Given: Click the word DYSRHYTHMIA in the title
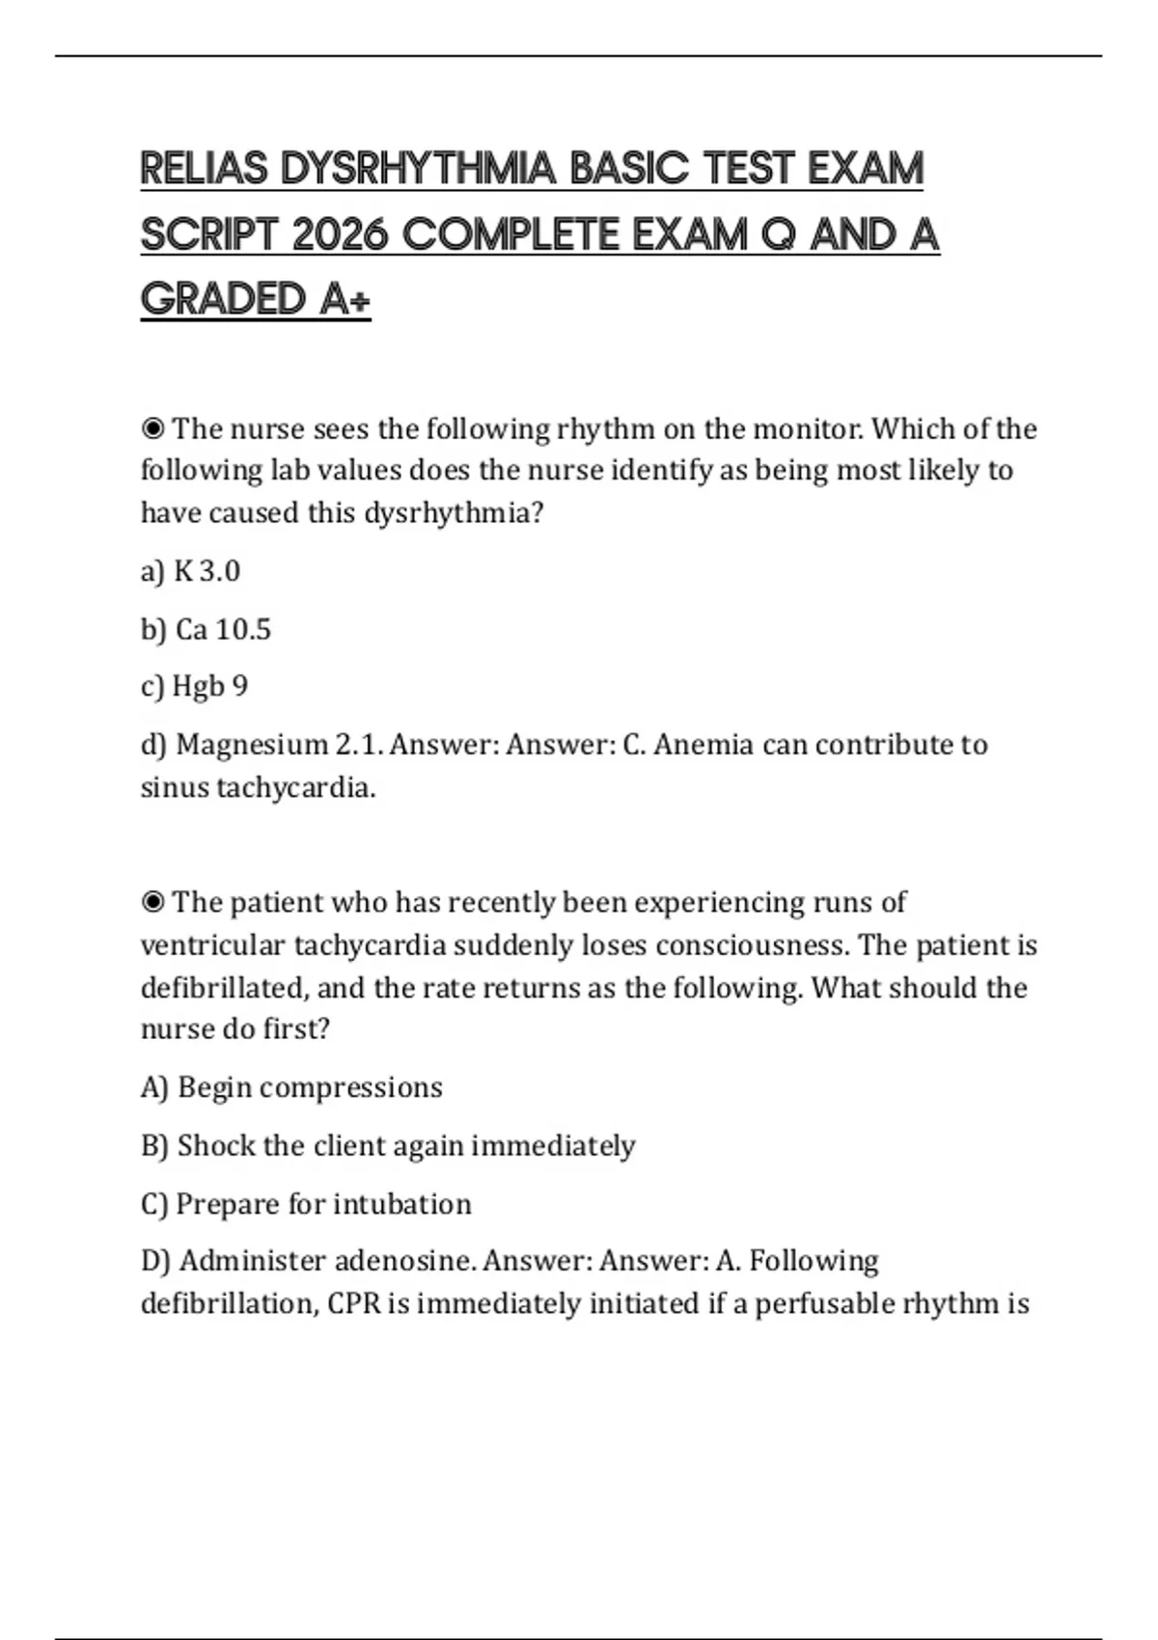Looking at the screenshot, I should [418, 169].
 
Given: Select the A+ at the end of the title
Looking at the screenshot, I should [345, 299].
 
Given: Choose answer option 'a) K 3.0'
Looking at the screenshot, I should [190, 571].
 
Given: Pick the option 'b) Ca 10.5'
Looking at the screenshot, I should [206, 630].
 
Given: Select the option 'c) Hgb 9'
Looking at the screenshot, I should [194, 687].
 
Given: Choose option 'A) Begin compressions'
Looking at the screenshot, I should [291, 1087].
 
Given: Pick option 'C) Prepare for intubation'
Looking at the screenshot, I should [306, 1204].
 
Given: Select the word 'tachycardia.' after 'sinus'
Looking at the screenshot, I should [295, 788].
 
